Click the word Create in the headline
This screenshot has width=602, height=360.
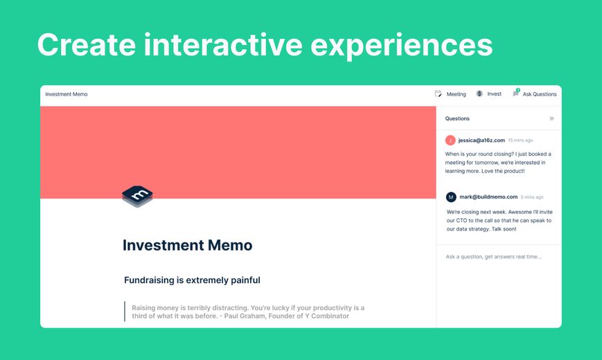[87, 45]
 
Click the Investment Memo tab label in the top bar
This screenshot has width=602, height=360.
[67, 94]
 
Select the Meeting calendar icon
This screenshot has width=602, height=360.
[438, 93]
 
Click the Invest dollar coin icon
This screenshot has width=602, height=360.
[479, 93]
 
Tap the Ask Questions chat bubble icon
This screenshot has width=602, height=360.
[516, 93]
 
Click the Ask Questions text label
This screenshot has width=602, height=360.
[540, 94]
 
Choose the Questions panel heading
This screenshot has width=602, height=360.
[457, 118]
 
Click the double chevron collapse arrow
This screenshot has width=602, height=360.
[551, 118]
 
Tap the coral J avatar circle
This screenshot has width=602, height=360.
[450, 141]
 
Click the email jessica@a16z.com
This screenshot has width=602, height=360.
[481, 141]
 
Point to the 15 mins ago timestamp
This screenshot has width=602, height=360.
[521, 141]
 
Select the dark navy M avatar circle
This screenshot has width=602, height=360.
[451, 197]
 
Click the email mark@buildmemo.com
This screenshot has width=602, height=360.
[488, 197]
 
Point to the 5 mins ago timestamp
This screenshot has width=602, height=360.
[532, 197]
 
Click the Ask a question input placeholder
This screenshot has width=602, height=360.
[494, 257]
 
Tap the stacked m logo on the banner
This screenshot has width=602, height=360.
[137, 197]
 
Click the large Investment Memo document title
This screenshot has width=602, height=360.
[187, 245]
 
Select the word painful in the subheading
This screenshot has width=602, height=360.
[242, 280]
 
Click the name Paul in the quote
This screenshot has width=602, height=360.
[232, 316]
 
